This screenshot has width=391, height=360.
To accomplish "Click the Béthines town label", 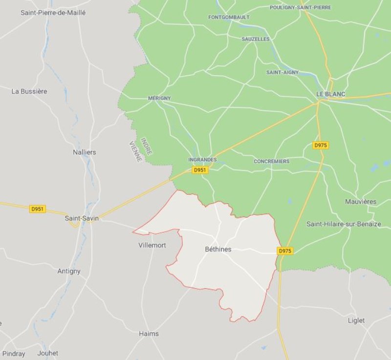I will (x=218, y=249).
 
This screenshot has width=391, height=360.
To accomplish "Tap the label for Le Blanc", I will (x=331, y=94).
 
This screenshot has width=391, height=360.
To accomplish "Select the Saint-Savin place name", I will (x=82, y=218).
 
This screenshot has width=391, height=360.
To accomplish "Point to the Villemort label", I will (x=152, y=245).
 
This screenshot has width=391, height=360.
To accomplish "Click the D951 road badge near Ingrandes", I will (x=199, y=170).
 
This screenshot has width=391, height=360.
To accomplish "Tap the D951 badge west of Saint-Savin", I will (x=38, y=209).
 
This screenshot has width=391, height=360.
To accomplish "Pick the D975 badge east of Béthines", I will (x=285, y=251).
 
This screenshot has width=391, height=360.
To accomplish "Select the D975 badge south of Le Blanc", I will (x=321, y=145).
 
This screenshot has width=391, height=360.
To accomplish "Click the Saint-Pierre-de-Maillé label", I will (x=53, y=13).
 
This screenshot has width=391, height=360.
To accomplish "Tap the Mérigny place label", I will (x=159, y=98).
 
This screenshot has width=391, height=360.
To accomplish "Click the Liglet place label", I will (x=356, y=320).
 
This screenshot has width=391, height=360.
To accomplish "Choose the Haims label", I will (x=149, y=334).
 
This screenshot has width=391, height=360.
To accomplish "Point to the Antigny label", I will (x=69, y=271).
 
